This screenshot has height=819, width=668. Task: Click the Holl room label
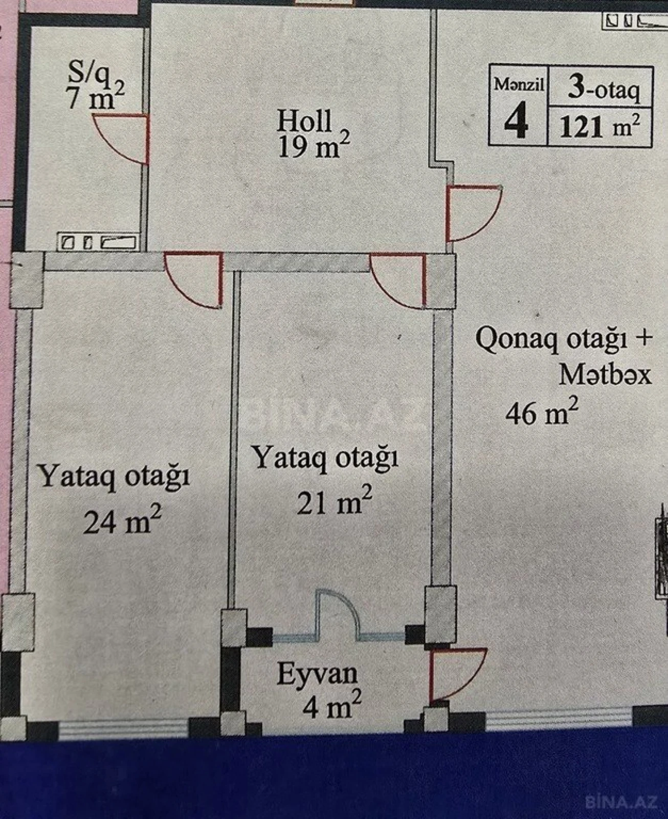[x=304, y=121]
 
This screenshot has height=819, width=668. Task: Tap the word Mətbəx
[x=605, y=375]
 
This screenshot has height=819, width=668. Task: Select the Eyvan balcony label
[x=317, y=674]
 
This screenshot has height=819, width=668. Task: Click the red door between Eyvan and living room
[x=455, y=673]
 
